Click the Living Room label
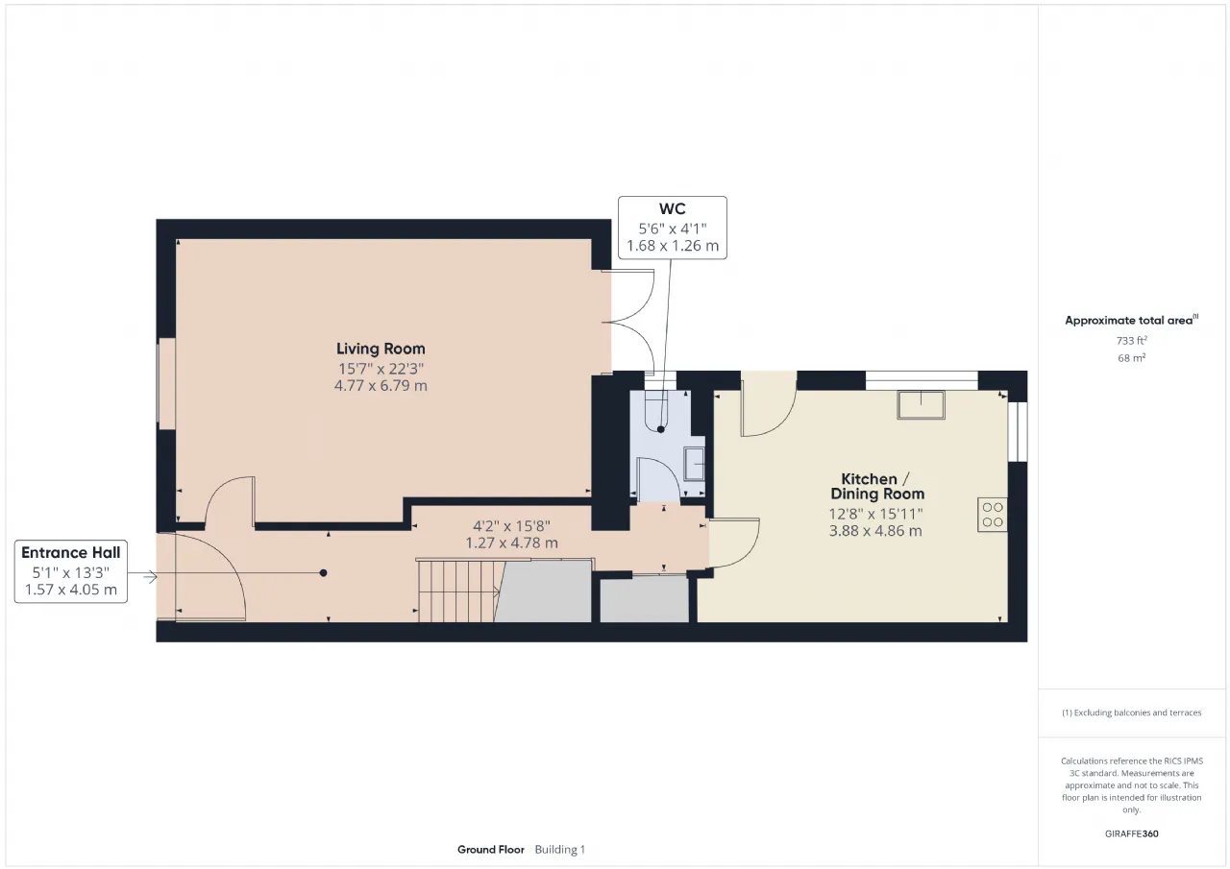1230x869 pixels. coord(381,349)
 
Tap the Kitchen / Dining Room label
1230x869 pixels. coord(877,486)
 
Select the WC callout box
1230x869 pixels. coord(672,228)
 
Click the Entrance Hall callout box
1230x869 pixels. coord(71,571)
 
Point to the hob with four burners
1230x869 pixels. coord(993,515)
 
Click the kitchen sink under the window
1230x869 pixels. coord(921,405)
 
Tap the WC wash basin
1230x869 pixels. coord(694,464)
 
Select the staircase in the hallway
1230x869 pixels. coord(460,591)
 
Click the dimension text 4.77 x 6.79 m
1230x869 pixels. coord(381,386)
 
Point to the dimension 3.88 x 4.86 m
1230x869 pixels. coord(875,531)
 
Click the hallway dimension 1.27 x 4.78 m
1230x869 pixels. coord(512,543)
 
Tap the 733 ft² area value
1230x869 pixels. coord(1131,341)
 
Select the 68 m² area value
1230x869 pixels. coord(1131,358)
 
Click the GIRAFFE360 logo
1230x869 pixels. coord(1131,833)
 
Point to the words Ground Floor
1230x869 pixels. coord(491,850)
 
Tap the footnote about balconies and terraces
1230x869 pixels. coord(1131,712)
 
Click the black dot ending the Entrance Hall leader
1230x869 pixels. coord(324,572)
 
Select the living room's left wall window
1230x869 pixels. coord(166,384)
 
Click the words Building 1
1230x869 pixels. coord(560,850)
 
